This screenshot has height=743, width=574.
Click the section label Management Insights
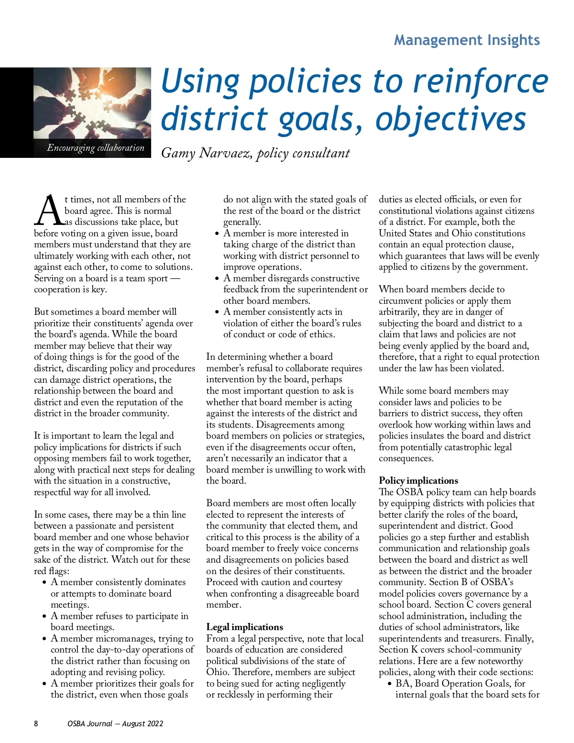tap(467, 40)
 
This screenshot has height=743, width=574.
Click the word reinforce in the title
tap(480, 81)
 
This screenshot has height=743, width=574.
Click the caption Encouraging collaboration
tap(96, 148)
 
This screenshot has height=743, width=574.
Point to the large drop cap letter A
tap(49, 211)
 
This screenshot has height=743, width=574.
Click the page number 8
tap(36, 723)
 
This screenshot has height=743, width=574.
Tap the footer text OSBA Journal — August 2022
tap(115, 723)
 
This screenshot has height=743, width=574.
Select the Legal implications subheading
tap(244, 627)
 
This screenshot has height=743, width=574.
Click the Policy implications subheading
tap(418, 480)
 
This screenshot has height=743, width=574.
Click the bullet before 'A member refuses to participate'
tap(44, 617)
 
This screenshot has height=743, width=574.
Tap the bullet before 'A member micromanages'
tap(44, 639)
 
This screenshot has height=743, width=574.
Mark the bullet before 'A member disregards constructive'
tap(217, 279)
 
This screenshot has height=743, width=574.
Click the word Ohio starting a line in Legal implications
tap(217, 672)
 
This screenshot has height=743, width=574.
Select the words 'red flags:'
tap(52, 571)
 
